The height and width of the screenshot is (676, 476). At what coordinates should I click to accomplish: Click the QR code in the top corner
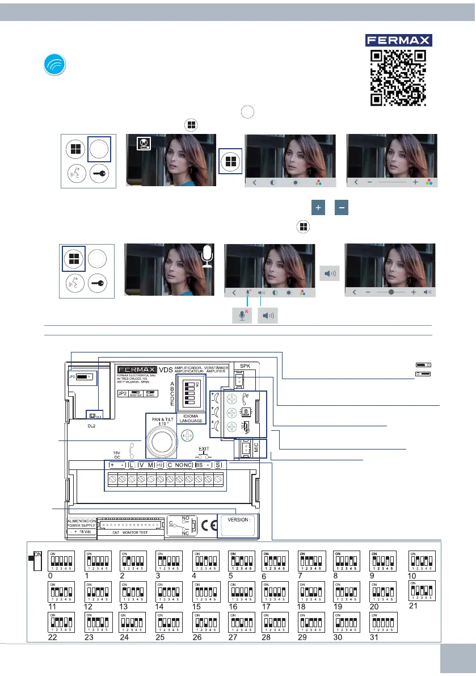[x=398, y=77]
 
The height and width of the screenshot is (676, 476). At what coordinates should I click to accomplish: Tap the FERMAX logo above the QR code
[x=398, y=40]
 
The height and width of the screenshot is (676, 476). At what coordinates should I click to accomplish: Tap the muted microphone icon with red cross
[x=242, y=316]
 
